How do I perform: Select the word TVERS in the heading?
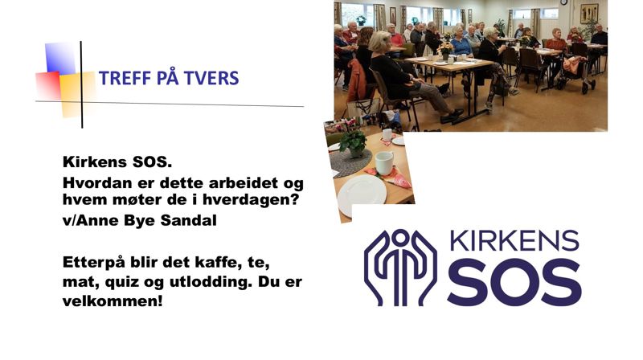211,79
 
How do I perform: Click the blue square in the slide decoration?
60,58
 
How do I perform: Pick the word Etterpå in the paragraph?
93,263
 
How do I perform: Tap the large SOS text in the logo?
514,282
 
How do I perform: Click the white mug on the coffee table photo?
384,162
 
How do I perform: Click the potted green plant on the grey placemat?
353,142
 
